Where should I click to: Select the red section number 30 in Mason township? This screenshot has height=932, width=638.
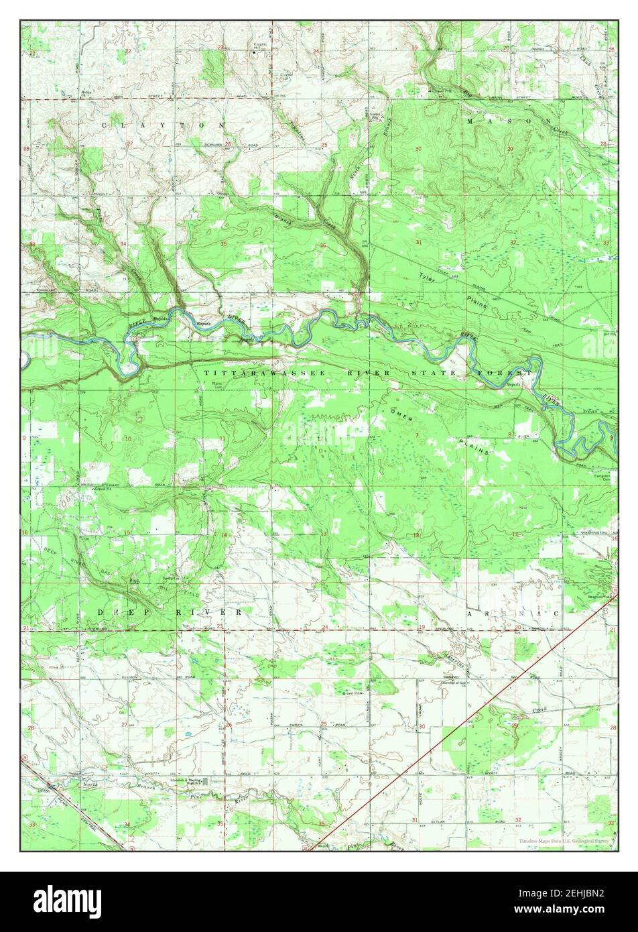click(418, 149)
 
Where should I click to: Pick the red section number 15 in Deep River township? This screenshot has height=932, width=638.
click(127, 533)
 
